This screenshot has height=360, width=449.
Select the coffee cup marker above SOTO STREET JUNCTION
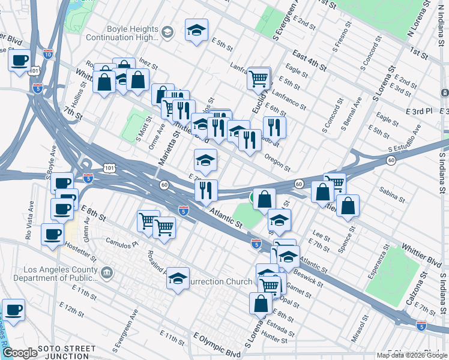point(13,310)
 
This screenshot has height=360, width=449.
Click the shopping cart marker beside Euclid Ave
point(259,77)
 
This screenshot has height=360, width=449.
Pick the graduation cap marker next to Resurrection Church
point(178,278)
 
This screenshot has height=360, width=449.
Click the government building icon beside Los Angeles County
point(107,274)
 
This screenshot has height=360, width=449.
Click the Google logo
point(20,353)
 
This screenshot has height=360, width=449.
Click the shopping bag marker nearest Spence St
point(348,206)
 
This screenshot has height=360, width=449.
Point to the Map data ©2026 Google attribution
point(412,355)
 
